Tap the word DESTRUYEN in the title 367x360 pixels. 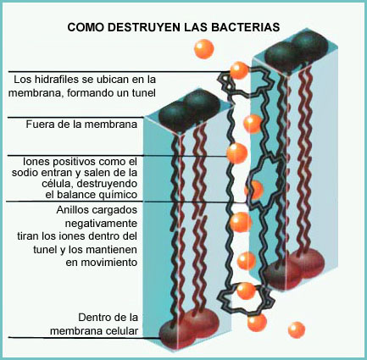coord(142,27)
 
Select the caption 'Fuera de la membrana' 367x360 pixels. coord(81,125)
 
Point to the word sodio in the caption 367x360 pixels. coord(24,173)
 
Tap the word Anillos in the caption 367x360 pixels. coord(72,210)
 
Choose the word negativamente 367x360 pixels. coord(101,224)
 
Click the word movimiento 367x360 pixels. coord(102,263)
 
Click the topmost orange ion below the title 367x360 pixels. coord(203,49)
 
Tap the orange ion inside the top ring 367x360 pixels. coord(239,70)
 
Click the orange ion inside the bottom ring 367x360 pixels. coord(246,291)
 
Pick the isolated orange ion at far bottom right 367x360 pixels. coord(297,330)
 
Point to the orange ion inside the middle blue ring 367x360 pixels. coord(254,191)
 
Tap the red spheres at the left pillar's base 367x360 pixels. coord(189,327)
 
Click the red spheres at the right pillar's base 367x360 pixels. coord(294,268)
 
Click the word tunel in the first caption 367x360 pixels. coord(144,93)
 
